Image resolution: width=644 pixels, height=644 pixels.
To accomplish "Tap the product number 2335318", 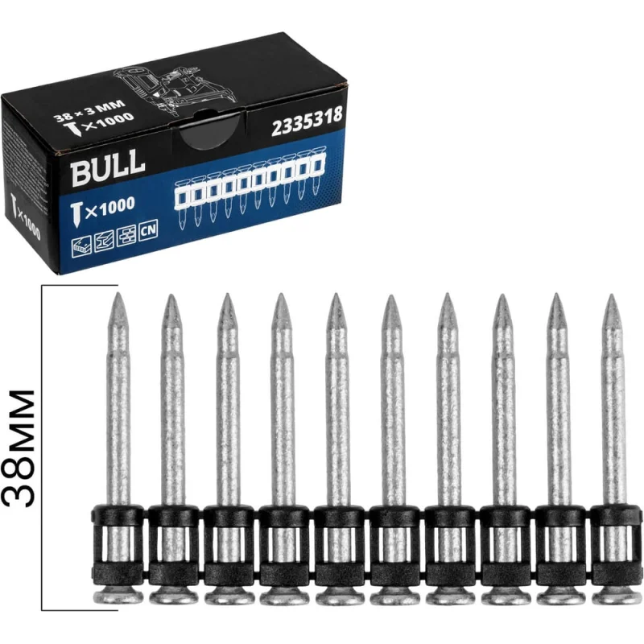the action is pos(307,122).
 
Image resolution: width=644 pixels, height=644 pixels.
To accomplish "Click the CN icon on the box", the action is pos(148,231).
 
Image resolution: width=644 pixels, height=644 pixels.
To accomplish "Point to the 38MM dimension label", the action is pos(19,448).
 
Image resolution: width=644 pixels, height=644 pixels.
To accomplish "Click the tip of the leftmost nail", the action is pos(118,293).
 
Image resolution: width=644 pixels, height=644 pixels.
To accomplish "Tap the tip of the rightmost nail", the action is pos(612,295).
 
